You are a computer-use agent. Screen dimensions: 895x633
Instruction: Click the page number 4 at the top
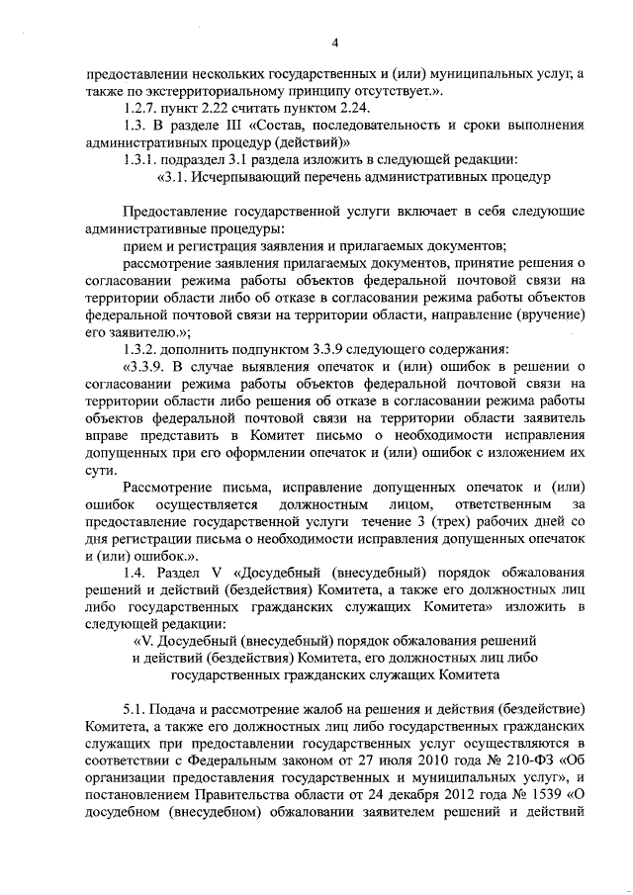336,42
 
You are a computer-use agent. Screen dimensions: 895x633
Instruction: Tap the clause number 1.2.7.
133,108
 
